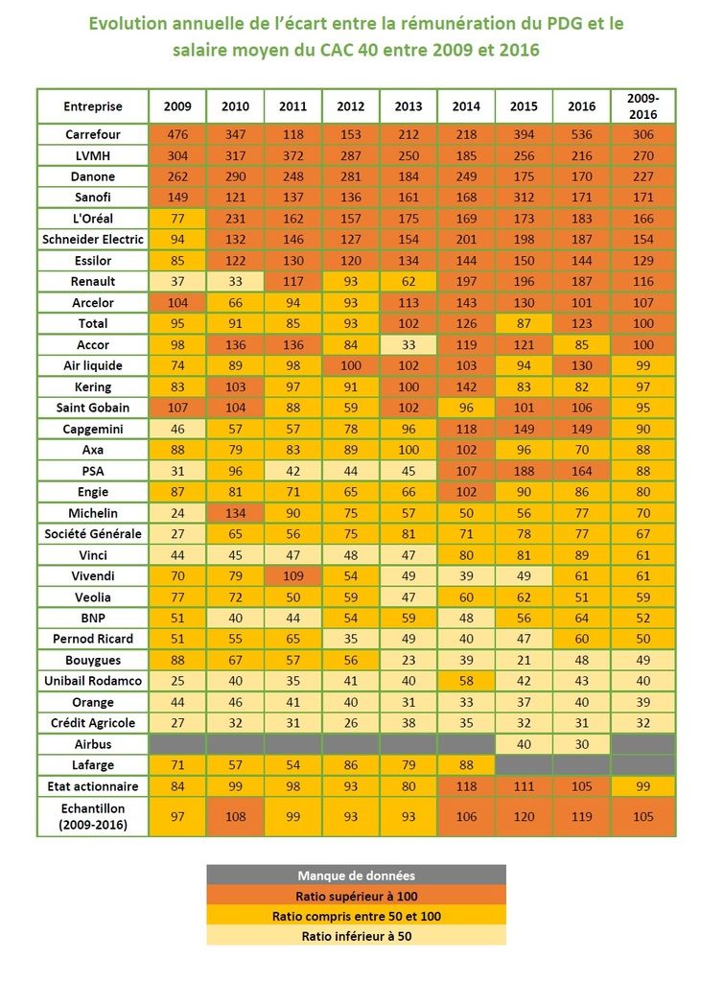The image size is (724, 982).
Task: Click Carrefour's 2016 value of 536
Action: pos(581,134)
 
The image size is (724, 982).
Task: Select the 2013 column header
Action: pos(409,106)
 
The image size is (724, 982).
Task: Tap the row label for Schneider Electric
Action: pos(93,239)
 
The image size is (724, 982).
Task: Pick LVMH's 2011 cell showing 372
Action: pos(293,156)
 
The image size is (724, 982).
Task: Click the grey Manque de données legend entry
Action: pos(357,876)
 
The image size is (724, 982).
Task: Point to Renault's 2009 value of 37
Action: pos(177,281)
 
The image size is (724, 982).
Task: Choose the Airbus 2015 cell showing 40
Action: pos(524,744)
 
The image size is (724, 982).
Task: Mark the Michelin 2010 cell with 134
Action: pos(236,513)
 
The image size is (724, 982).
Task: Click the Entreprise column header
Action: pos(93,106)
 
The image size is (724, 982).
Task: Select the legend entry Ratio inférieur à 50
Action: pos(357,936)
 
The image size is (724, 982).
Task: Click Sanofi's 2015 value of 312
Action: pos(524,198)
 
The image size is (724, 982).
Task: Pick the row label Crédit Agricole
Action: pos(93,723)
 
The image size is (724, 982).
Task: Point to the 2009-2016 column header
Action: pos(643,106)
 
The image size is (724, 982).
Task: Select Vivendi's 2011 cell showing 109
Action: pos(293,576)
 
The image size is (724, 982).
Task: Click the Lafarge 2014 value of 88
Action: pos(466,764)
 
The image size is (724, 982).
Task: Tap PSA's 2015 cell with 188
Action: pos(524,471)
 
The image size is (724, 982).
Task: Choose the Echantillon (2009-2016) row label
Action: pos(93,817)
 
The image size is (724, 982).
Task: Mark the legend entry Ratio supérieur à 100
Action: pos(357,896)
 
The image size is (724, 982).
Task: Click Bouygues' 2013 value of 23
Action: pos(409,660)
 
